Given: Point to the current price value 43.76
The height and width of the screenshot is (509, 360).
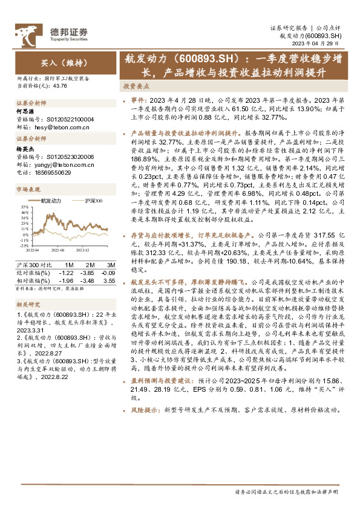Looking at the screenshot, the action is tap(60, 85).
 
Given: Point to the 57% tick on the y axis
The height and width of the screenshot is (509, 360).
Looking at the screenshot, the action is tap(24, 207).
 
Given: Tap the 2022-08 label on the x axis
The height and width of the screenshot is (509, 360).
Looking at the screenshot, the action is tap(57, 248).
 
